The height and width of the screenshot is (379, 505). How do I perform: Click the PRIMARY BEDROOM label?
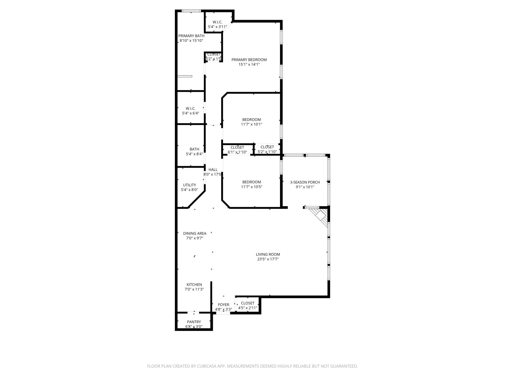(249, 60)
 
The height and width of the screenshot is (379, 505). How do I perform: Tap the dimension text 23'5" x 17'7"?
(268, 259)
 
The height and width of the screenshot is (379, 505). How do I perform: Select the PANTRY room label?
(194, 322)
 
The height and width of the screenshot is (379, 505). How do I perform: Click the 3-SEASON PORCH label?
(305, 182)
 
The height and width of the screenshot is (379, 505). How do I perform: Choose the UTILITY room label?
(189, 185)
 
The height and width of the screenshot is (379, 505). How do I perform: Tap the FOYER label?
(223, 305)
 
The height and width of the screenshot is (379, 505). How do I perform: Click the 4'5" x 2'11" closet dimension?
(248, 308)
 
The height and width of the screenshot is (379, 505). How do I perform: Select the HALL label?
(213, 170)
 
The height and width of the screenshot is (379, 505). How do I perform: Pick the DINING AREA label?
(195, 233)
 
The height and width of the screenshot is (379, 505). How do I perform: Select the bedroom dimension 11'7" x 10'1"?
(251, 124)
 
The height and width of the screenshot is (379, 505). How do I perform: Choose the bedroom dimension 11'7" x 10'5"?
(251, 187)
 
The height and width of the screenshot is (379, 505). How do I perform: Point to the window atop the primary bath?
(191, 11)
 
